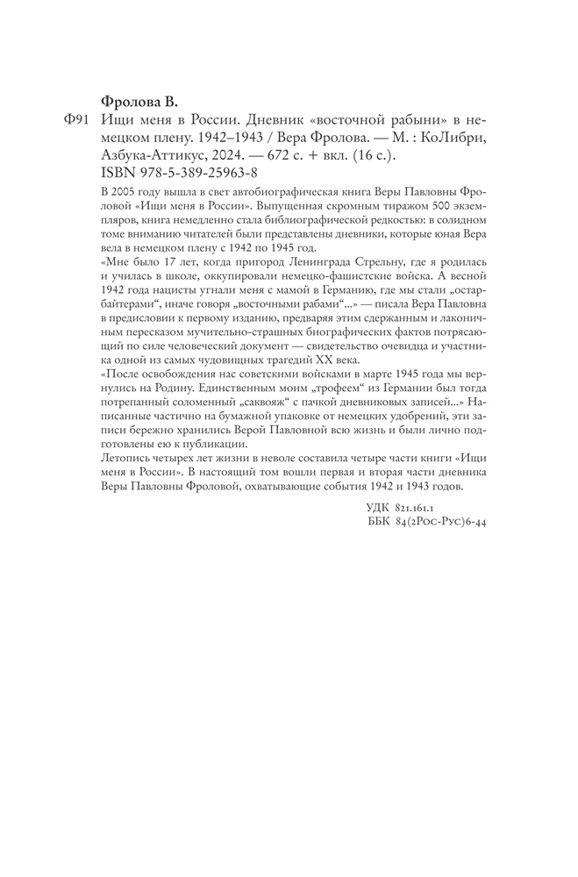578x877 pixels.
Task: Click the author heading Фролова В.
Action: pos(143,99)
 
